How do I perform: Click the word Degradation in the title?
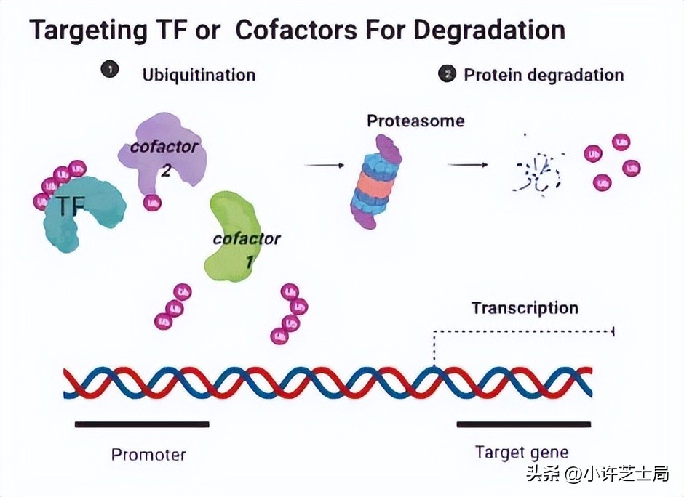click(489, 30)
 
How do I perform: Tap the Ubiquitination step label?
click(199, 75)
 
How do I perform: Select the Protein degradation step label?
click(544, 75)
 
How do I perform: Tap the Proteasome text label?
click(415, 121)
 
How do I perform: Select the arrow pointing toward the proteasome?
click(324, 166)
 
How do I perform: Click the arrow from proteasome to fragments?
click(467, 165)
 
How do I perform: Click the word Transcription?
click(524, 307)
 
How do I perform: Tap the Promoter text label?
click(148, 455)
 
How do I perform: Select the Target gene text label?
click(521, 452)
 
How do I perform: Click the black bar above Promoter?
click(142, 424)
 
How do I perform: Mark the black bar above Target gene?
click(523, 424)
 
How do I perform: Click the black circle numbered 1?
click(110, 70)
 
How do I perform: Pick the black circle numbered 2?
click(447, 73)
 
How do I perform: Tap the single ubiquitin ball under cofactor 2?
click(152, 203)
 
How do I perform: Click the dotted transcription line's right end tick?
click(613, 331)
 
